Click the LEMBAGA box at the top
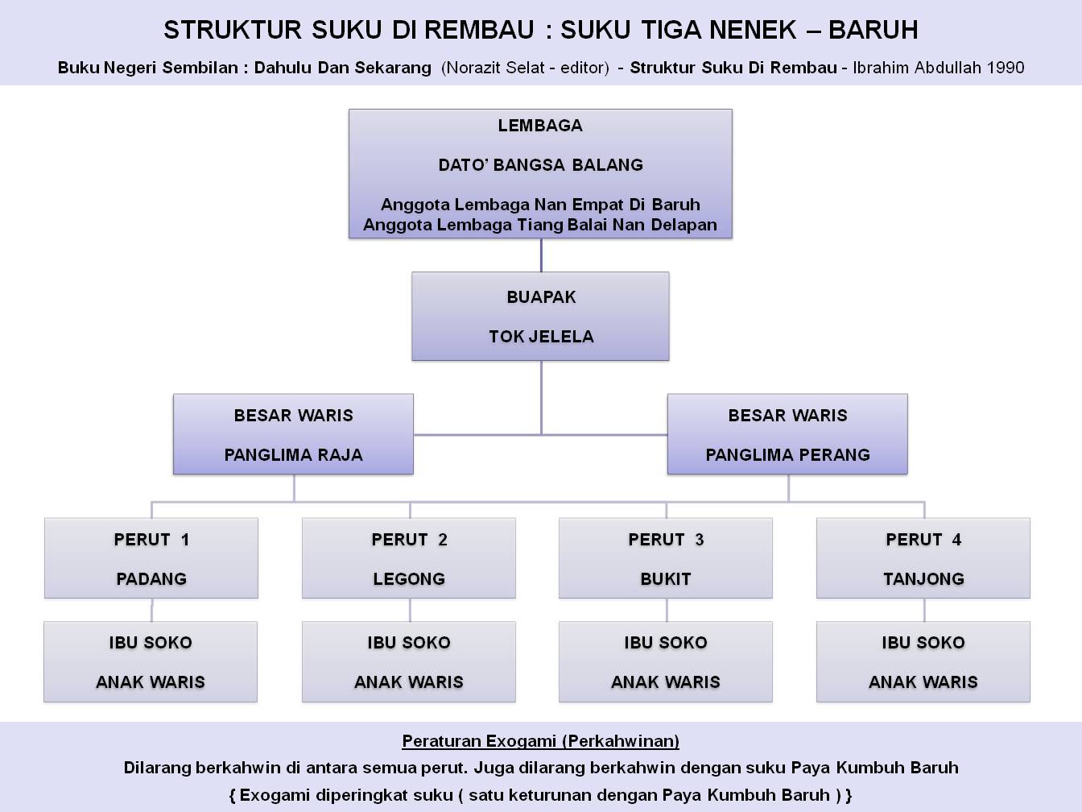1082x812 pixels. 540,174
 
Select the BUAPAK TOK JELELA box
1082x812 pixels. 540,316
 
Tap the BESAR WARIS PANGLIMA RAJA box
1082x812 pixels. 293,434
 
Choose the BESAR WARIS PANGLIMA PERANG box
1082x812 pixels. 787,434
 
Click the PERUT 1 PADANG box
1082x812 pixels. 151,558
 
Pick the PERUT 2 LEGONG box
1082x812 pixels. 409,558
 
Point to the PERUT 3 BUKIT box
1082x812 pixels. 666,558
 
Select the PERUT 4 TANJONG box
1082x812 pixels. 923,558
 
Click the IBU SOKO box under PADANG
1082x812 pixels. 151,661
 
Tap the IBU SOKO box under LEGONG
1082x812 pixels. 409,661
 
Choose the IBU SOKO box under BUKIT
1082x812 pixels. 666,661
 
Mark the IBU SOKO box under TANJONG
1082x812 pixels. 923,661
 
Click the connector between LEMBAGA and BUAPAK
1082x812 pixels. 541,255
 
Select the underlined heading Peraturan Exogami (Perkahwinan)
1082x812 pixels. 540,741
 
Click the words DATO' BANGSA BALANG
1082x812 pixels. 540,165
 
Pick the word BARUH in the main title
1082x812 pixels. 873,30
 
